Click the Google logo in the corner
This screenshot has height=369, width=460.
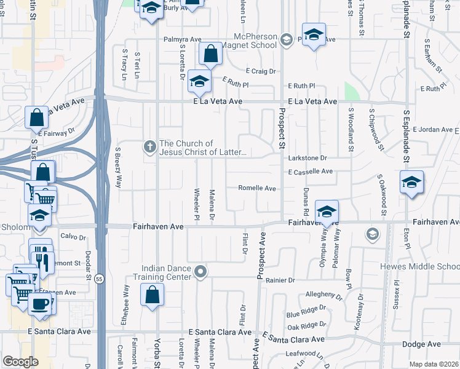coord(20,361)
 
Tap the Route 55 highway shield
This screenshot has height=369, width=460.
coord(100,279)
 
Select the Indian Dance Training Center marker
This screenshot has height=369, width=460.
coord(200,271)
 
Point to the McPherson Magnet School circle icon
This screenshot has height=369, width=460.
coord(285,41)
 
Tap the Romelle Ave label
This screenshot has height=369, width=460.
coord(257,188)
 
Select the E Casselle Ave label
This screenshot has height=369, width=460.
coord(310,171)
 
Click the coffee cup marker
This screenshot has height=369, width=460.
coord(40,303)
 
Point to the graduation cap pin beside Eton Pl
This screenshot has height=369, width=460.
coord(411,183)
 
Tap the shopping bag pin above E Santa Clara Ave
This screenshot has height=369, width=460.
coord(152,295)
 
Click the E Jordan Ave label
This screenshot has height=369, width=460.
coord(432,130)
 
